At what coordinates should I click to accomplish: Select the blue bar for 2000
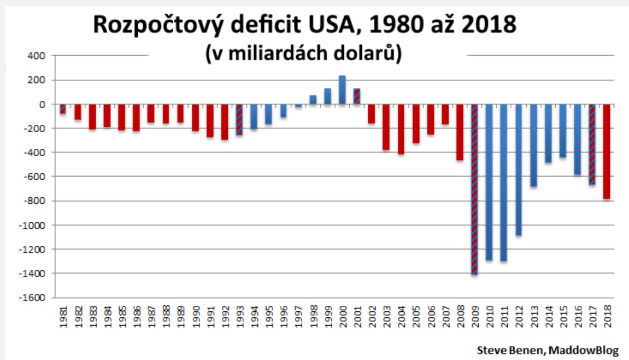(342, 90)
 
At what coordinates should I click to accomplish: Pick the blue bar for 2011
(503, 182)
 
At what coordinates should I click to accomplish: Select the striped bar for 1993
(239, 120)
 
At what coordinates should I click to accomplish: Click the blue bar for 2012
(518, 170)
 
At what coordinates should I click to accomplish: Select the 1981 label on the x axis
(63, 316)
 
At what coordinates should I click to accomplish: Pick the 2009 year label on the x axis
(474, 316)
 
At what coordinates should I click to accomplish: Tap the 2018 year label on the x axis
(607, 316)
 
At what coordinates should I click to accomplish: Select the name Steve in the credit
(491, 350)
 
